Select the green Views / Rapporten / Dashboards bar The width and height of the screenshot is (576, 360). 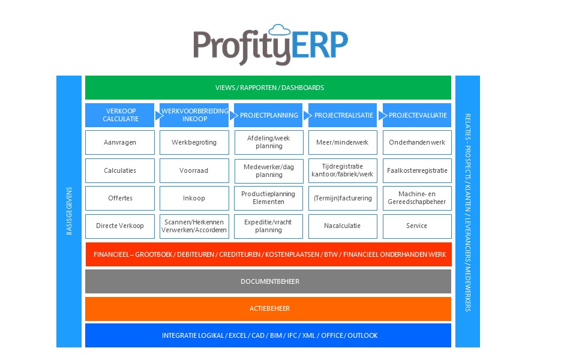point(268,88)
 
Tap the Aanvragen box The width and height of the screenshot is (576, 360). point(120,143)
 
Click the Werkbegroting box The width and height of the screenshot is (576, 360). point(194,143)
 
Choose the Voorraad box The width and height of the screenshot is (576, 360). point(194,170)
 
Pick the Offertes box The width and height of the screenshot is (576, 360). point(120,198)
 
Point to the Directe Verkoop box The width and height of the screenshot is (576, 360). point(120,226)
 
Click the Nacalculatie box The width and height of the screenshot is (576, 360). point(343,226)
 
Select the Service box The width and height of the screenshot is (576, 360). point(416,226)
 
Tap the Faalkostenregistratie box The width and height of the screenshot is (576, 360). point(416,170)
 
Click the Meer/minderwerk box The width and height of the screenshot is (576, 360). point(343,143)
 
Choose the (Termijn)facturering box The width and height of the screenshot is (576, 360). point(343,198)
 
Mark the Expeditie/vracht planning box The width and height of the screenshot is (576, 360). point(268,226)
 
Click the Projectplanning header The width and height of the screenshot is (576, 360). point(268,115)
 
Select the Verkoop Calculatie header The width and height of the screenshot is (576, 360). point(120,115)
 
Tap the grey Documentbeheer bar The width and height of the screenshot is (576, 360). point(268,281)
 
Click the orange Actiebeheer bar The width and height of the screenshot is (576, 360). point(268,308)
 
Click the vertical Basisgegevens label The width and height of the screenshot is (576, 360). point(69,211)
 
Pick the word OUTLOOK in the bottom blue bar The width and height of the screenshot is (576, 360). point(362,335)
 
